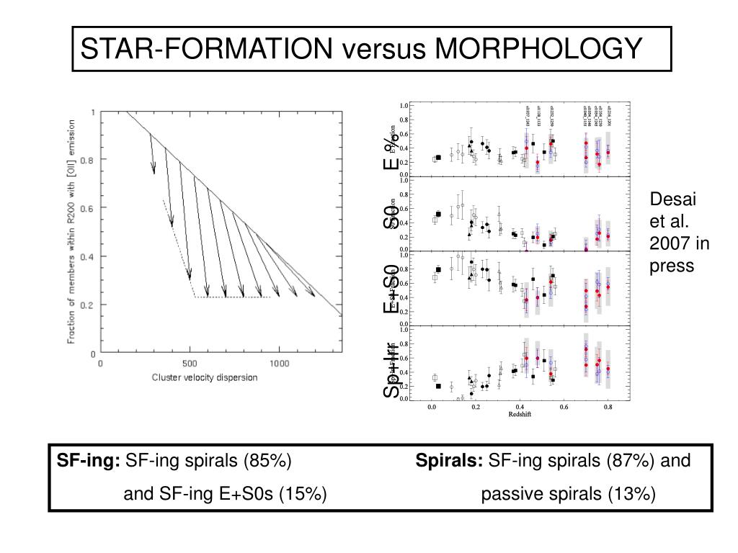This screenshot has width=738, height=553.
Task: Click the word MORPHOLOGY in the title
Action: [540, 49]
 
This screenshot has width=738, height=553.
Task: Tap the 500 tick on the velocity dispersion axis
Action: [190, 364]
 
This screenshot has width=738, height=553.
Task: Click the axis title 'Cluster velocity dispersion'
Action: [204, 377]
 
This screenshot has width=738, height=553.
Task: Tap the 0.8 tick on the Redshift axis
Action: [608, 408]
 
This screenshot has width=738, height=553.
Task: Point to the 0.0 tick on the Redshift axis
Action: [432, 408]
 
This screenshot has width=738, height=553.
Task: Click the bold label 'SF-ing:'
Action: [89, 460]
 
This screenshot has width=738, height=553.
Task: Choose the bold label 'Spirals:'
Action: [450, 460]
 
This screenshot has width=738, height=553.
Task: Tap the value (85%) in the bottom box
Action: [267, 460]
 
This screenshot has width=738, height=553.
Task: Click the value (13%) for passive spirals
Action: [631, 494]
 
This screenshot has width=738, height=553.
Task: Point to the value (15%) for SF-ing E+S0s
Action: [303, 494]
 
